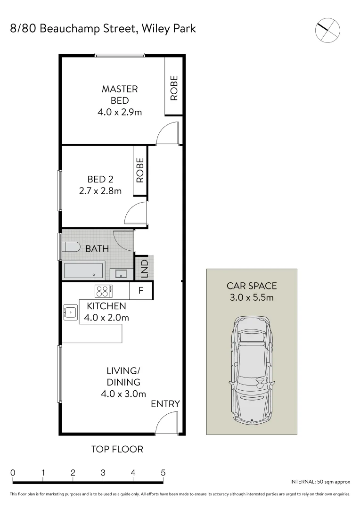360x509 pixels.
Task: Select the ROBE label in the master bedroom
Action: [174, 88]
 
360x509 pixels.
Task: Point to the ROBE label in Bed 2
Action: [140, 170]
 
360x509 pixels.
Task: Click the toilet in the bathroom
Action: [71, 247]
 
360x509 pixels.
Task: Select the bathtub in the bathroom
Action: [83, 271]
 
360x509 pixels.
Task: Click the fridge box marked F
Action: [140, 291]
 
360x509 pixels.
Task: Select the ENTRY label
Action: [165, 404]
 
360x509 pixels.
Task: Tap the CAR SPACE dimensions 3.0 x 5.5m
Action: [251, 297]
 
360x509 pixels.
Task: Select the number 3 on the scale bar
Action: [103, 473]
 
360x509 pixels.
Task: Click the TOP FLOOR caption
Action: [117, 449]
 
